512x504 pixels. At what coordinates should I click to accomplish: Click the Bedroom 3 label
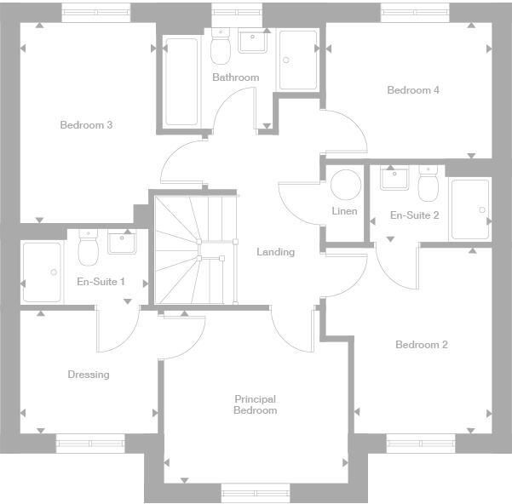[86, 125]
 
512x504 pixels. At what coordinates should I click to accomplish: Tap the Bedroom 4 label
[412, 90]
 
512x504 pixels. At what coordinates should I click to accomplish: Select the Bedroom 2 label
[421, 345]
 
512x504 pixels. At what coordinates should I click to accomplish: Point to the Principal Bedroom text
[256, 404]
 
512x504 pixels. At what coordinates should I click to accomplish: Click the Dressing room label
[89, 375]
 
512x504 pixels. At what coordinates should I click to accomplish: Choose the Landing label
[275, 252]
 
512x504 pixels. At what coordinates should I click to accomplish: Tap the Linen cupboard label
[344, 211]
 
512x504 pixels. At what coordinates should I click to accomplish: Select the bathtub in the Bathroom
[181, 82]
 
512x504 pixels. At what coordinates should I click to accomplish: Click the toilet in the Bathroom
[221, 49]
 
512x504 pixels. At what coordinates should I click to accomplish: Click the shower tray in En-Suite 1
[42, 272]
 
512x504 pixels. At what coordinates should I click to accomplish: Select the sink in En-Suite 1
[120, 242]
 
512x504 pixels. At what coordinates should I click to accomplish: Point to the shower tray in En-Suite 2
[469, 209]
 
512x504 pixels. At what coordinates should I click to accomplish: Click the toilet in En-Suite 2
[427, 181]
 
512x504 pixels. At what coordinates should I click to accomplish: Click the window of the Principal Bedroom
[255, 490]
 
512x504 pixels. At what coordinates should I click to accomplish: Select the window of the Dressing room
[89, 442]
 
